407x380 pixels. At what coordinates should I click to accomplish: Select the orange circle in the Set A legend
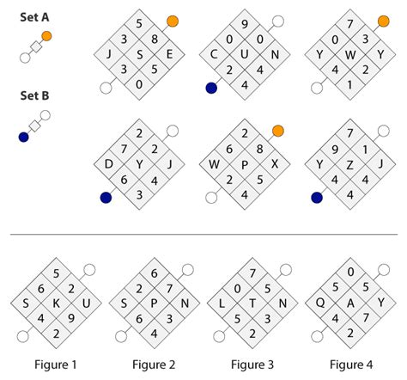pyautogui.click(x=46, y=36)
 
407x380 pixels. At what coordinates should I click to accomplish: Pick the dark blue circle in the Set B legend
pyautogui.click(x=24, y=136)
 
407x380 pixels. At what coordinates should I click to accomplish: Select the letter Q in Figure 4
pyautogui.click(x=320, y=303)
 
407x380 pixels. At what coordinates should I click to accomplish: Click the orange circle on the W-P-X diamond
pyautogui.click(x=277, y=131)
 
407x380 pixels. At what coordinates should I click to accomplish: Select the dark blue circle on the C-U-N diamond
pyautogui.click(x=211, y=87)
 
